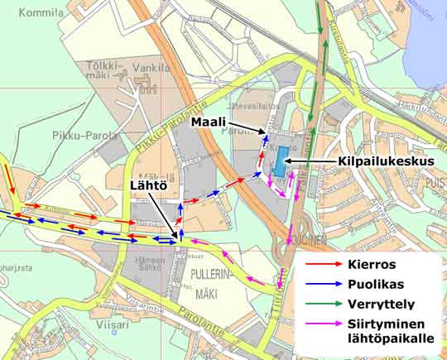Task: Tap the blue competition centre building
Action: pyautogui.click(x=281, y=161)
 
